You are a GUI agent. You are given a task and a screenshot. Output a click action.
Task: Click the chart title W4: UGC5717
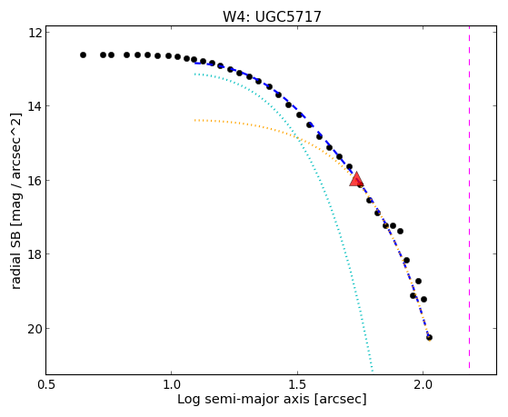(x=272, y=16)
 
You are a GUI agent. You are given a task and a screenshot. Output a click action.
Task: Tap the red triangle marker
(x=356, y=179)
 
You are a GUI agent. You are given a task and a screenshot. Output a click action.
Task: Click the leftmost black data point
(x=83, y=55)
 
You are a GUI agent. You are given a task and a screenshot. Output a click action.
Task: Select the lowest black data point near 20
(x=429, y=338)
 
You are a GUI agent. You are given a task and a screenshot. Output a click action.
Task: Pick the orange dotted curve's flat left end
(x=195, y=120)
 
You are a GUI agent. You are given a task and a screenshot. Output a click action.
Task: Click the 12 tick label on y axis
(x=35, y=33)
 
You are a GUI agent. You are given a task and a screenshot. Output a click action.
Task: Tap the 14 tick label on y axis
(x=35, y=106)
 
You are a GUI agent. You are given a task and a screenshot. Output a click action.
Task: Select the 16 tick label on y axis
(x=35, y=180)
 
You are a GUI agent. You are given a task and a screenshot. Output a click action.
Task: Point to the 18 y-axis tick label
(x=35, y=254)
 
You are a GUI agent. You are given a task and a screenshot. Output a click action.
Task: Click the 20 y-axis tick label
(x=35, y=329)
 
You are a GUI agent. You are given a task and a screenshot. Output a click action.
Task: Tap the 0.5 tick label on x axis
(x=46, y=384)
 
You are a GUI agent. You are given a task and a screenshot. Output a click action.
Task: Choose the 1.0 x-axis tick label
(x=172, y=384)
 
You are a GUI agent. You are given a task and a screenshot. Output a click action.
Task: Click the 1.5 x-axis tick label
(x=297, y=384)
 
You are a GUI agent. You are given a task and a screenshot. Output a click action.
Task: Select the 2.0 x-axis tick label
(x=423, y=384)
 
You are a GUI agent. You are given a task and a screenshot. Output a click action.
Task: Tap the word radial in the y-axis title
(x=15, y=273)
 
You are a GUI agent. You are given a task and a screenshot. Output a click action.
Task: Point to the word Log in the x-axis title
(x=187, y=400)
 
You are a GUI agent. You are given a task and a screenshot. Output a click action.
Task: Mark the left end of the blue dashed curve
(x=194, y=63)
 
